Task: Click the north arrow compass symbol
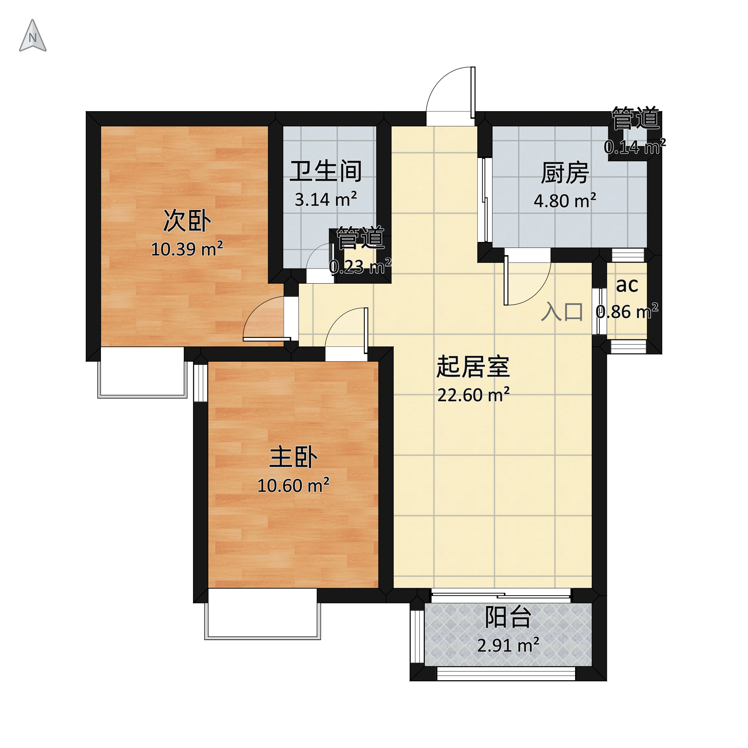point(33,37)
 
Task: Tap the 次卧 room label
point(187,221)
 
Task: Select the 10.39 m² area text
point(187,249)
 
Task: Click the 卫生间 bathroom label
point(326,171)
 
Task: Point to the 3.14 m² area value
point(326,199)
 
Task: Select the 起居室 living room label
point(473,367)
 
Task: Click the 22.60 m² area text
point(473,395)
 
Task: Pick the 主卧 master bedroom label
point(293,457)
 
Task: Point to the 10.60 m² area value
point(293,485)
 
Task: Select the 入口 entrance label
point(562,312)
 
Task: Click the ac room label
point(627,285)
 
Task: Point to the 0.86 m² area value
point(627,312)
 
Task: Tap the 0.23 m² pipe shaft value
point(360,266)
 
